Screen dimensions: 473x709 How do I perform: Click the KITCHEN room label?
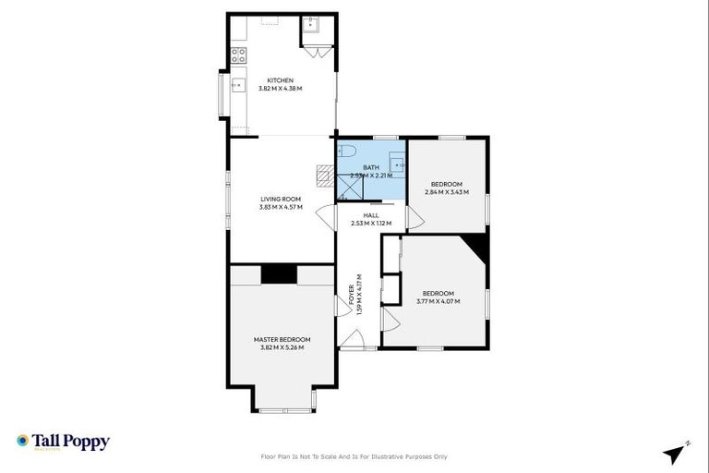point(281,80)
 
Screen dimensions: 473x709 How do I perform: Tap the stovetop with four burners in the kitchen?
point(238,55)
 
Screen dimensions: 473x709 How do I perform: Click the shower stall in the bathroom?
point(350,188)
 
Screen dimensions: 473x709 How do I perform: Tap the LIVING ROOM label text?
point(281,199)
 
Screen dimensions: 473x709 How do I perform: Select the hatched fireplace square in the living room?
point(324,175)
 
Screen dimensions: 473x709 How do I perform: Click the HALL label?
point(370,215)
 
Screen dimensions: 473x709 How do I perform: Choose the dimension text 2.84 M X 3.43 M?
point(447,192)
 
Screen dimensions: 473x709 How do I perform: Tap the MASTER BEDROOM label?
point(282,339)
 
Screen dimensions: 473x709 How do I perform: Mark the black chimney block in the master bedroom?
point(279,273)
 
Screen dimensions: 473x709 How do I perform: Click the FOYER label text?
point(352,294)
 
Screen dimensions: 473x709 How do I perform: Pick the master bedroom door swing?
point(342,306)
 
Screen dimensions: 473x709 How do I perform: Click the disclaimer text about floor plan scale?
point(354,456)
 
